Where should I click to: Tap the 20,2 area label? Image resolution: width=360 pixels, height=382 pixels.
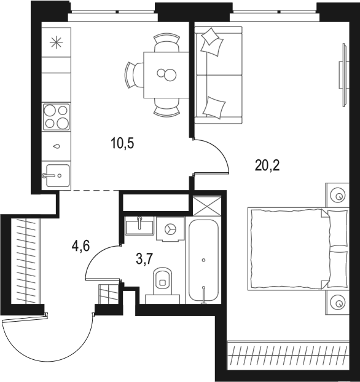click(x=267, y=165)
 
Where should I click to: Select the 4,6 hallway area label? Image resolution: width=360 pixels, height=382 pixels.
click(x=81, y=247)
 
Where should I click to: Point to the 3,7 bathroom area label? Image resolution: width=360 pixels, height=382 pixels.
click(x=144, y=259)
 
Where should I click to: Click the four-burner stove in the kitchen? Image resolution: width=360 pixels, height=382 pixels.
click(x=56, y=117)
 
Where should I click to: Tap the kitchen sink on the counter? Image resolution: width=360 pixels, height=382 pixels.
click(x=56, y=175)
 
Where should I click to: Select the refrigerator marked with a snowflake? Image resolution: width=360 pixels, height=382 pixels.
click(x=56, y=42)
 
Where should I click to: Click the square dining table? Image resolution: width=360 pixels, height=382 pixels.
click(x=165, y=74)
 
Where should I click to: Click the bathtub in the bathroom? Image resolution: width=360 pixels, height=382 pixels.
click(x=203, y=260)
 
